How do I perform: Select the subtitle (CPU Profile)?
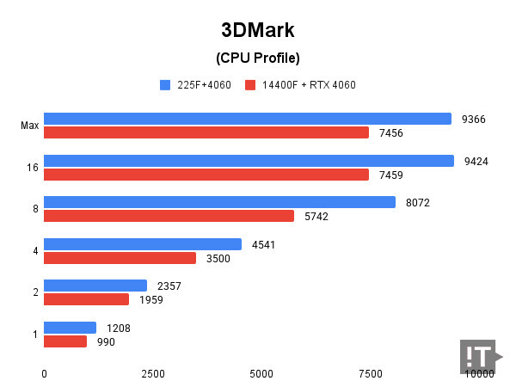click(x=257, y=58)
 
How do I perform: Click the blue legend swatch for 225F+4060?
click(x=164, y=85)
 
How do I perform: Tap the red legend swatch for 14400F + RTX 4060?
click(x=250, y=85)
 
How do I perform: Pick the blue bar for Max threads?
click(x=248, y=119)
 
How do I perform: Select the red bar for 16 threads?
click(x=206, y=175)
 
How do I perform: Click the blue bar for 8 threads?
click(x=219, y=202)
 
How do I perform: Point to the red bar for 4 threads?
click(x=120, y=258)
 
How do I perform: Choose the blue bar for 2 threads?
click(x=95, y=286)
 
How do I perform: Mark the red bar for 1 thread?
click(x=65, y=341)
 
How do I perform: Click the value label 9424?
click(x=476, y=161)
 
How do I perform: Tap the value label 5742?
click(x=316, y=217)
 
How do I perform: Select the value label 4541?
click(x=264, y=244)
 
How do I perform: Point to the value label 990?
click(x=106, y=341)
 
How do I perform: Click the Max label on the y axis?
click(x=29, y=126)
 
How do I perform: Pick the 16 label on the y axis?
click(x=32, y=168)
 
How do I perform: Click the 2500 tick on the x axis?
click(x=152, y=374)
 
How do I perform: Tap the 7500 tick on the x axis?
click(x=370, y=374)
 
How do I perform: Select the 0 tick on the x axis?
click(x=44, y=374)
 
